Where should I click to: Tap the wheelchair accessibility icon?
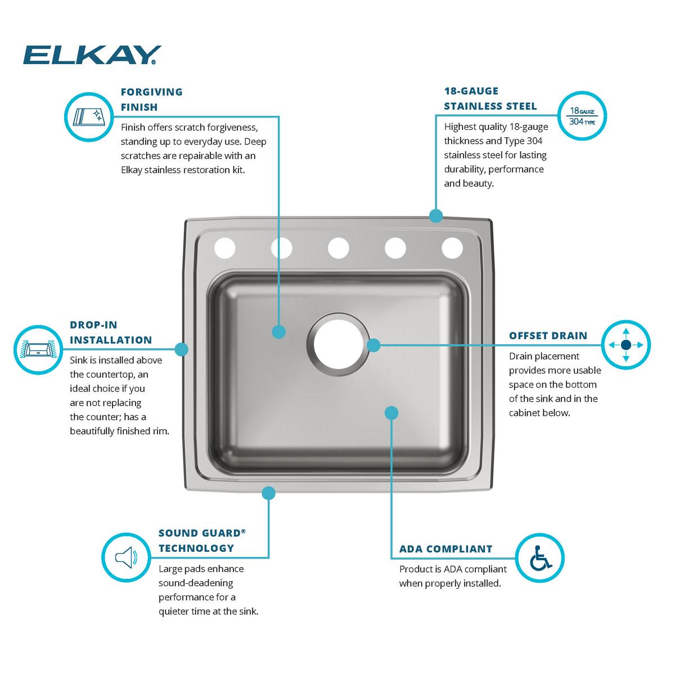point(540,557)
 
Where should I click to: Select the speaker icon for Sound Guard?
point(126,557)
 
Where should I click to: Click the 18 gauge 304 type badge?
point(582,116)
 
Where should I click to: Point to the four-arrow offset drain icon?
point(625,345)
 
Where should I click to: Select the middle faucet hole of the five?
point(338,247)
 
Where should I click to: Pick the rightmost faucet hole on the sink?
point(452,247)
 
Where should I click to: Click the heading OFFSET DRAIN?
point(548,336)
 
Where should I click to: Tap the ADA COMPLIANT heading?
point(445,549)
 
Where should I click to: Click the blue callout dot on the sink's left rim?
point(181,349)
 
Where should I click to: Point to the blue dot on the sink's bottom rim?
point(269,493)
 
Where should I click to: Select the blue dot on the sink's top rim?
point(436,215)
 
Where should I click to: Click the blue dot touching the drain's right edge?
point(373,345)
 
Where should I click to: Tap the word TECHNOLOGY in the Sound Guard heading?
point(196,548)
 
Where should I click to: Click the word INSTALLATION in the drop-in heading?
point(111,340)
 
